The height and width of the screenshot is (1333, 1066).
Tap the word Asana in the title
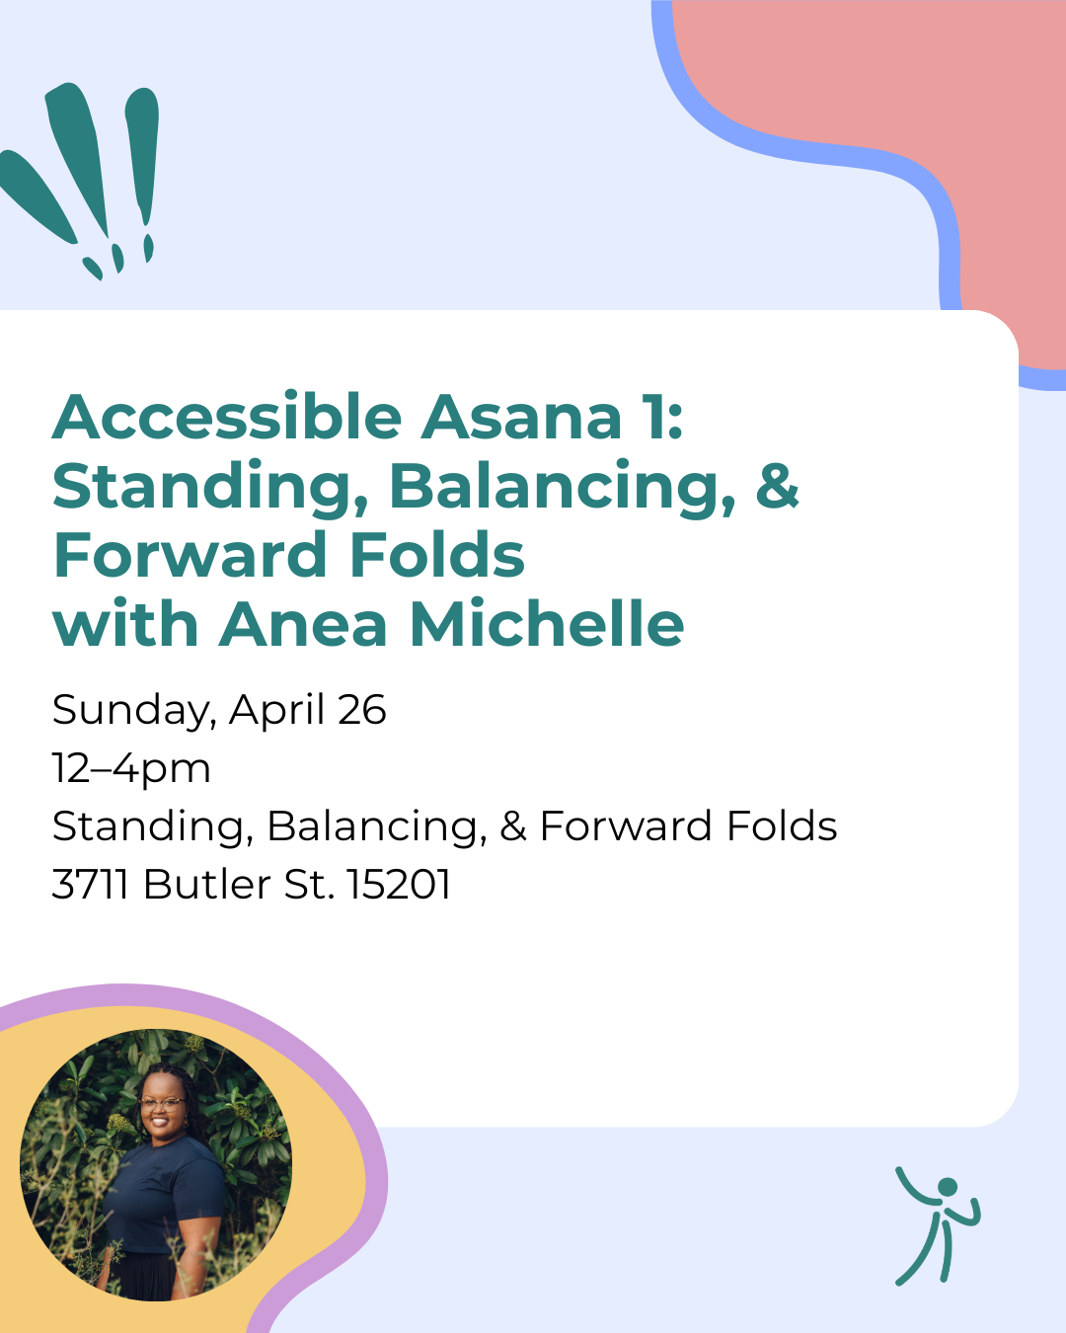tap(521, 418)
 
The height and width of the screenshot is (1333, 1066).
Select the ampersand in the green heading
tap(777, 486)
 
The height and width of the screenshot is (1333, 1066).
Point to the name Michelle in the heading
tap(547, 625)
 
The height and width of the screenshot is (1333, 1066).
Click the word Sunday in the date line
tap(132, 711)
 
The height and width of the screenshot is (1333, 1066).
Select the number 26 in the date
tap(361, 710)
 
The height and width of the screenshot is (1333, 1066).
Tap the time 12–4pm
tap(131, 768)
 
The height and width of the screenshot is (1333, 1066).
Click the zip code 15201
tap(399, 885)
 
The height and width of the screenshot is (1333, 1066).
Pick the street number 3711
tap(90, 885)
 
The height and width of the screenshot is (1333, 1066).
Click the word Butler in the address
tap(206, 885)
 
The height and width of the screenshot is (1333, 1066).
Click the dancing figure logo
tap(937, 1225)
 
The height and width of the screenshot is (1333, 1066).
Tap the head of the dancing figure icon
tap(948, 1187)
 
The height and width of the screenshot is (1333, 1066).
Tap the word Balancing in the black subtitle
tap(376, 826)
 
